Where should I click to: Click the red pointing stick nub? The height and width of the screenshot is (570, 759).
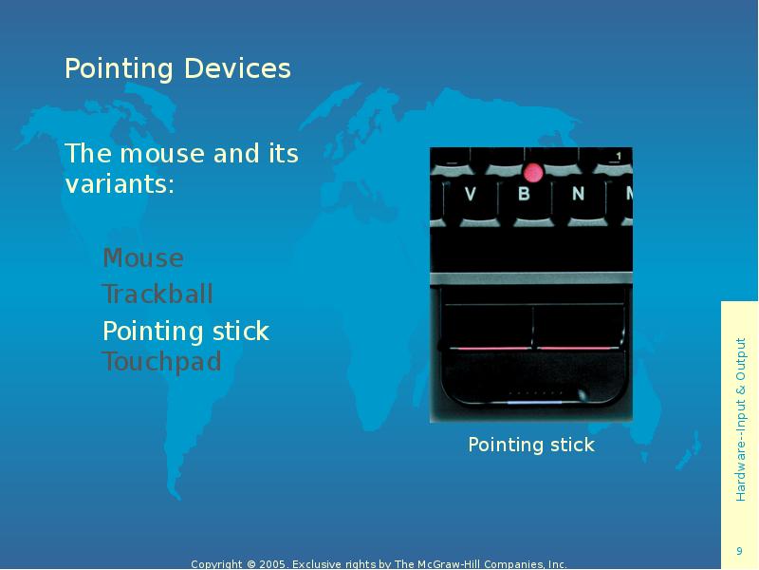532,172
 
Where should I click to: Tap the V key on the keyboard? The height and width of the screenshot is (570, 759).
471,195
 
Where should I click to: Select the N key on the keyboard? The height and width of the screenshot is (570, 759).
578,195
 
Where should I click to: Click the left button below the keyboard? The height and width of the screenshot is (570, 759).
488,328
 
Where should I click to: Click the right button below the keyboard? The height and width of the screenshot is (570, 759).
577,328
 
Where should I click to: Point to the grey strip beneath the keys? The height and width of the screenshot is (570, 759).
531,278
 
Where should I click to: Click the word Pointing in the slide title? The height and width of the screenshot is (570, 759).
120,69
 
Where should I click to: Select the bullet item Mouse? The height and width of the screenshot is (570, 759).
143,258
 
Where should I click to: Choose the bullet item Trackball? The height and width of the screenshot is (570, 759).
157,294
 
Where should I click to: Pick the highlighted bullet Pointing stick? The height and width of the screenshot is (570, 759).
186,332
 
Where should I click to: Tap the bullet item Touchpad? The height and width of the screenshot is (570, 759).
161,362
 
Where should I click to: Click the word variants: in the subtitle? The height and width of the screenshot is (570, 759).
120,183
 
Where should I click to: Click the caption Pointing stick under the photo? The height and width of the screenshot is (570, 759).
531,445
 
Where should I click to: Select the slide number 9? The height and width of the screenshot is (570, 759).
739,552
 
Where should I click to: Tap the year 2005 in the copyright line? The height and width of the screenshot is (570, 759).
272,564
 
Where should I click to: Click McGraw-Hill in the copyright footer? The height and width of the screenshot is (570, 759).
446,564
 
